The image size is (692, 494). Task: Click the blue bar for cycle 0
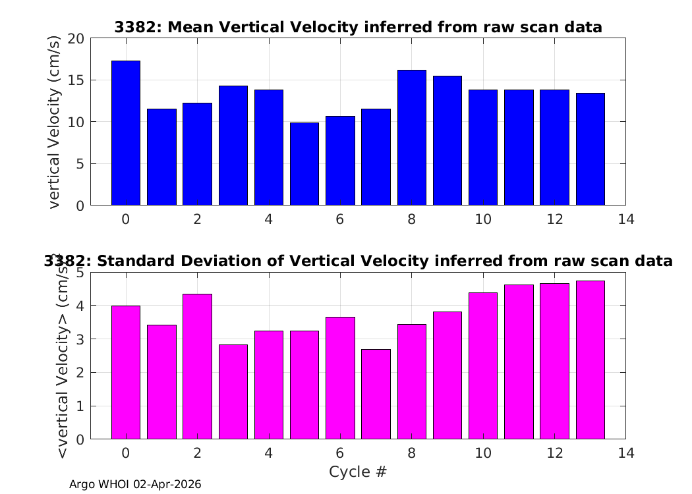click(x=126, y=133)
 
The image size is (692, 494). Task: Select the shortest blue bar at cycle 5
click(x=304, y=164)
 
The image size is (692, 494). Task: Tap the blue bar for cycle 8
click(x=412, y=138)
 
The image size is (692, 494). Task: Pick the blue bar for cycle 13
click(x=591, y=149)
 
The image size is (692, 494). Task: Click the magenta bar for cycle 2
click(x=197, y=366)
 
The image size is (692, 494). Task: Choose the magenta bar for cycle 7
click(x=376, y=395)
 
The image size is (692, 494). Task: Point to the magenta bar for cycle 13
click(x=591, y=360)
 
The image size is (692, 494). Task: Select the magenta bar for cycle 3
click(x=233, y=392)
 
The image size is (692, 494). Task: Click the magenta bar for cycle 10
click(x=483, y=366)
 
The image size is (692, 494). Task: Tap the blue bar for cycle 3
click(x=233, y=146)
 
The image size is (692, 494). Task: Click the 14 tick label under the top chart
click(x=626, y=219)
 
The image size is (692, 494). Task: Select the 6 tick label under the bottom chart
click(x=340, y=453)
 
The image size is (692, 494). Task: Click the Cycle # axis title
click(x=358, y=472)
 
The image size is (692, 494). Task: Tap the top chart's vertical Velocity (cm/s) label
click(x=53, y=122)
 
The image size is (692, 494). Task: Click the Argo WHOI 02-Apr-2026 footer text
click(x=135, y=484)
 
